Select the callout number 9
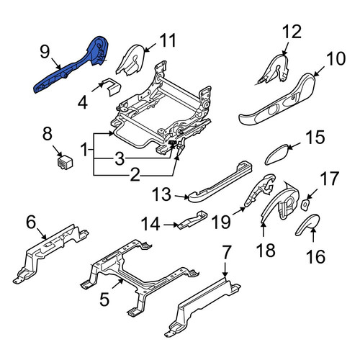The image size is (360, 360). [45, 52]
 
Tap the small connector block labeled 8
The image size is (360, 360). [65, 163]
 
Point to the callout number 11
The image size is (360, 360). [168, 40]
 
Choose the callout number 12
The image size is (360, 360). [292, 32]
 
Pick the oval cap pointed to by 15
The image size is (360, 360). [277, 154]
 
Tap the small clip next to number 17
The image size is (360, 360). [305, 205]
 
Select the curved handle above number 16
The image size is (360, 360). [307, 223]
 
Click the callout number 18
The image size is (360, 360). [266, 250]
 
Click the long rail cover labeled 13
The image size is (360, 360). [221, 181]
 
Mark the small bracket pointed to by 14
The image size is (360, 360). [193, 220]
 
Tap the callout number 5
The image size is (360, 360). [104, 300]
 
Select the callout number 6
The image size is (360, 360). [31, 222]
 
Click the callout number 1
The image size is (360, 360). [84, 149]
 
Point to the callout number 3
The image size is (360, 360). [120, 158]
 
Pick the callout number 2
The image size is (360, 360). [135, 175]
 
